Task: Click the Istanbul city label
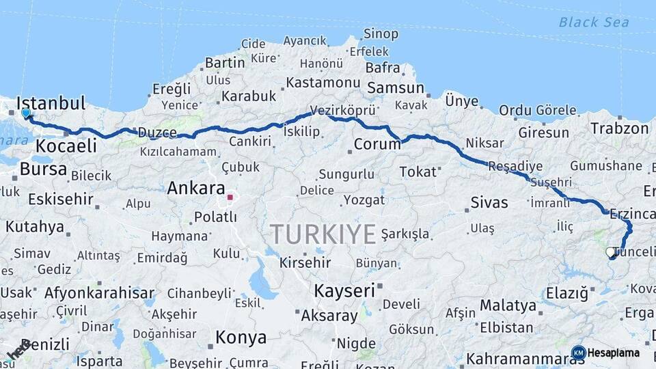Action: (51, 104)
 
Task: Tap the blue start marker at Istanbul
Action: (26, 113)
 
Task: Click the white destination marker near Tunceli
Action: (610, 252)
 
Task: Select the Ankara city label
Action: (196, 187)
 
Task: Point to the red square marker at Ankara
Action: (231, 198)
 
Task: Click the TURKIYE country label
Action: (323, 234)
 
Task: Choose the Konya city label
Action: (241, 337)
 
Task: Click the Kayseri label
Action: (344, 290)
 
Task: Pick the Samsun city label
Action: (396, 88)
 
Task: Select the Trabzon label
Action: (619, 128)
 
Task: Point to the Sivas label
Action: (489, 202)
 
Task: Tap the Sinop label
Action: (381, 33)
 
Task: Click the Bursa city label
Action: (33, 169)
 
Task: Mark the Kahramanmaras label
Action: (519, 358)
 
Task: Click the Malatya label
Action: (508, 305)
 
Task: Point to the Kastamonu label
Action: (323, 83)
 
